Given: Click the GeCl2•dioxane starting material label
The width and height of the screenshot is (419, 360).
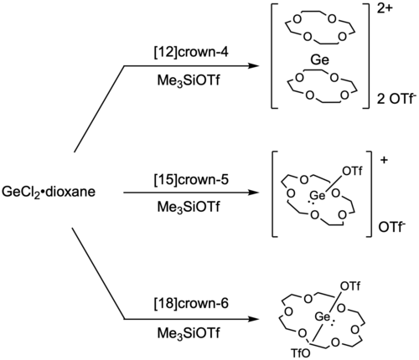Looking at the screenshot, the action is pos(49,192).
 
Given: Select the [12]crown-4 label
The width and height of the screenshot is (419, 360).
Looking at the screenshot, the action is pos(191,52).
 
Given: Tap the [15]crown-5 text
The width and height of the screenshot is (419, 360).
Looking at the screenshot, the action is pos(191,179).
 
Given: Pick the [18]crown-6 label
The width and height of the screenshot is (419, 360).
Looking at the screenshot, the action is pos(191,303).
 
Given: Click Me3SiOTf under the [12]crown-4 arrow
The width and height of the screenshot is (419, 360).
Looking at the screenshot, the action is pos(189,81).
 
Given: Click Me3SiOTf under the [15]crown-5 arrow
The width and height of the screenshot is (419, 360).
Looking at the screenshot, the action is pos(189,207).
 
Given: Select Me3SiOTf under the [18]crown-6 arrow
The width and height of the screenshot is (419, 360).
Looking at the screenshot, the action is pos(189,333).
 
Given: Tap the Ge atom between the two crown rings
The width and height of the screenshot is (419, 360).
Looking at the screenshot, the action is pos(320,60).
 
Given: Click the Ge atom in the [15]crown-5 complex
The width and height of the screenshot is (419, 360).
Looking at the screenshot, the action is pos(318,195).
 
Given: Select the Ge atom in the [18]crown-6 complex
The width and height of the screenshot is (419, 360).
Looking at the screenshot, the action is pos(323,316).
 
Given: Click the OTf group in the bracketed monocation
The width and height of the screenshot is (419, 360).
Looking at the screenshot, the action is pos(352,171).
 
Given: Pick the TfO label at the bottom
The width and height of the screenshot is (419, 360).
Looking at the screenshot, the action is pos(300,353).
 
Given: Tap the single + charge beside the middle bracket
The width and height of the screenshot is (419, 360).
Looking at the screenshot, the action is pos(385,160).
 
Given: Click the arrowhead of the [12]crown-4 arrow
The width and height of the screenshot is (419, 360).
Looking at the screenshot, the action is pos(253,66).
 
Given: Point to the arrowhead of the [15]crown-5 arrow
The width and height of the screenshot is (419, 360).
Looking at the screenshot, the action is pos(253,193).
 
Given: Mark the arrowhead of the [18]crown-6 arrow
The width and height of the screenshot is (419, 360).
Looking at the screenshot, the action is pos(253,319).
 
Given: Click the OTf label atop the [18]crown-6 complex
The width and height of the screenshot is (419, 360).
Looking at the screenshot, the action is pos(350,286).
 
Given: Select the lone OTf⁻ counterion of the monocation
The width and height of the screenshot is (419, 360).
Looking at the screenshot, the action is pos(391,228).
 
